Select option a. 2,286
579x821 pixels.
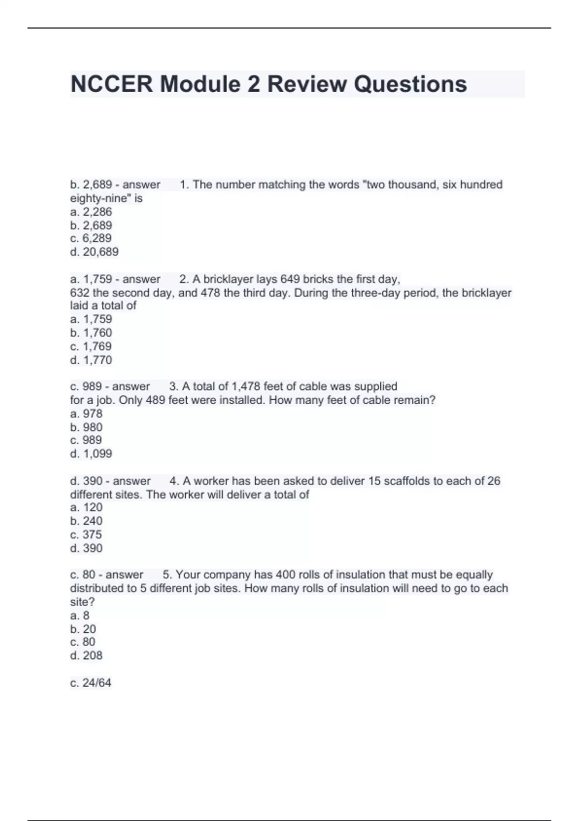91,212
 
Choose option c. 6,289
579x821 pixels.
91,238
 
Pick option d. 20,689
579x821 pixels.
95,252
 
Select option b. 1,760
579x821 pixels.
91,333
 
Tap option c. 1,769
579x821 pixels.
91,346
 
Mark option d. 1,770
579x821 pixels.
91,360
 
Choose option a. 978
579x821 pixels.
86,413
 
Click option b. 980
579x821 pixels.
86,427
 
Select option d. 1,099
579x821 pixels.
91,453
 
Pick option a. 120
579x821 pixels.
86,507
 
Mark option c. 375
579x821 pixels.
86,535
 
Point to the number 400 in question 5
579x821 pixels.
285,575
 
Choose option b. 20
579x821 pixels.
83,629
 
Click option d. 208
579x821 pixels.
86,655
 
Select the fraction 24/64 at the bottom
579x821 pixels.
96,683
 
